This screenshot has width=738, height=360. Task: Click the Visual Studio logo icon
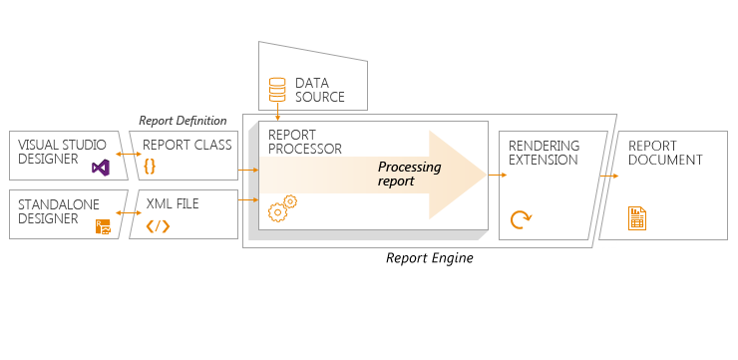click(x=100, y=168)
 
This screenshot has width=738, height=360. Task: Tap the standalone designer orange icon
click(x=102, y=226)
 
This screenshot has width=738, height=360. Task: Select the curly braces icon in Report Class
click(x=151, y=166)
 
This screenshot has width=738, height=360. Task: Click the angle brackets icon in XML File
click(x=158, y=225)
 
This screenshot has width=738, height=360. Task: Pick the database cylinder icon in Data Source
click(x=278, y=91)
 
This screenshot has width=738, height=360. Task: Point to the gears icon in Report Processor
click(x=283, y=207)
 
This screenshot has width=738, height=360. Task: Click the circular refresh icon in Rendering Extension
click(x=520, y=219)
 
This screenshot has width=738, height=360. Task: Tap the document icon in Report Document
click(x=636, y=217)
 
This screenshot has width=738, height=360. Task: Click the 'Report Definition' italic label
click(x=183, y=121)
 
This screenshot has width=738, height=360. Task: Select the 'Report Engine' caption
click(x=429, y=258)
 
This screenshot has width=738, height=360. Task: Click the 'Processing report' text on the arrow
click(x=409, y=175)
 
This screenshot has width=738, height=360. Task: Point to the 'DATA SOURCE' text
click(x=319, y=90)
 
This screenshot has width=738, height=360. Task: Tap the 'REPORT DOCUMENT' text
click(x=665, y=153)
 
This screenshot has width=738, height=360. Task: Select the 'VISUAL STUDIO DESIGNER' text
click(x=61, y=152)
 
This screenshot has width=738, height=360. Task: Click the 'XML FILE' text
click(x=173, y=203)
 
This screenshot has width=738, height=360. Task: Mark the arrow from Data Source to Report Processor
click(x=278, y=115)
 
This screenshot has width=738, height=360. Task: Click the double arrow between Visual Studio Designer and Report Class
click(x=128, y=155)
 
